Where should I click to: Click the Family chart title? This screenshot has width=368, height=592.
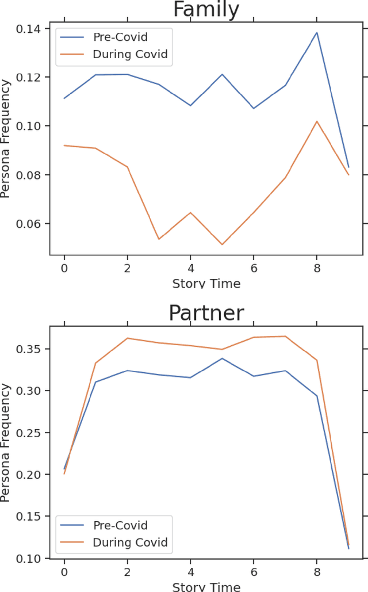pyautogui.click(x=206, y=10)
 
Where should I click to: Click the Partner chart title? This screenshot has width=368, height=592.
pyautogui.click(x=206, y=313)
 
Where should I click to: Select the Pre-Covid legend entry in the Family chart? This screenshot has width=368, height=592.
pyautogui.click(x=120, y=37)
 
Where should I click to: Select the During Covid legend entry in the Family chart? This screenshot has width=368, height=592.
pyautogui.click(x=129, y=55)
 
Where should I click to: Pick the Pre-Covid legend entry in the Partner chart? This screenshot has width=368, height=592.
pyautogui.click(x=120, y=525)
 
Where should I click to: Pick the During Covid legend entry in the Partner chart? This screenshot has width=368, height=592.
pyautogui.click(x=129, y=543)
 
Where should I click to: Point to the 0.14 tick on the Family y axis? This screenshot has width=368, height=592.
pyautogui.click(x=32, y=29)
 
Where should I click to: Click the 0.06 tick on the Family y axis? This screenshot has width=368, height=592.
pyautogui.click(x=32, y=224)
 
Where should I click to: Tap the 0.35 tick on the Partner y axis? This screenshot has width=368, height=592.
pyautogui.click(x=32, y=349)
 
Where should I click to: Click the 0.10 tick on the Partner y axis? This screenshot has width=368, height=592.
pyautogui.click(x=32, y=559)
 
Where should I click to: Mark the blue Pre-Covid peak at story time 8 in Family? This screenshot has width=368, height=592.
pyautogui.click(x=316, y=33)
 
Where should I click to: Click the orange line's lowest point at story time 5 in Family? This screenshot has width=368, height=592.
pyautogui.click(x=222, y=245)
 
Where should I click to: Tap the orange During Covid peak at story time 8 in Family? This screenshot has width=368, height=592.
pyautogui.click(x=316, y=121)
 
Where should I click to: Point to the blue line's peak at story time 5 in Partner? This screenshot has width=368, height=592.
pyautogui.click(x=222, y=358)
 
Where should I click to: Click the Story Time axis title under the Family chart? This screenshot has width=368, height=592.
pyautogui.click(x=206, y=284)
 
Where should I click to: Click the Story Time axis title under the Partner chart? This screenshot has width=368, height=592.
pyautogui.click(x=206, y=587)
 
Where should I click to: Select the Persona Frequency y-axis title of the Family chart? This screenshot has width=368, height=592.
pyautogui.click(x=6, y=139)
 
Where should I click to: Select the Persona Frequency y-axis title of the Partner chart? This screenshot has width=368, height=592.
pyautogui.click(x=6, y=442)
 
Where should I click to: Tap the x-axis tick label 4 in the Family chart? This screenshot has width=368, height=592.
pyautogui.click(x=190, y=268)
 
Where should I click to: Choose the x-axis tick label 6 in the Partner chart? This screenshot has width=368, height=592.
pyautogui.click(x=253, y=572)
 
